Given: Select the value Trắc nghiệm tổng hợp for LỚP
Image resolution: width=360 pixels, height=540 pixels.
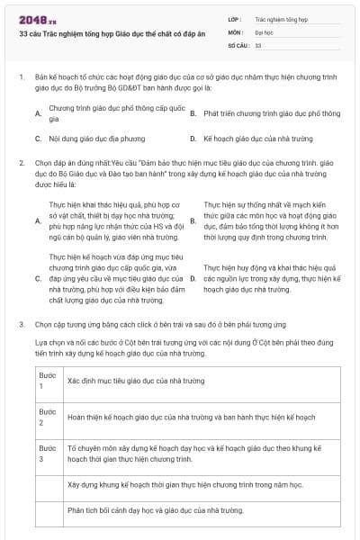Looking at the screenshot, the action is pyautogui.click(x=282, y=18).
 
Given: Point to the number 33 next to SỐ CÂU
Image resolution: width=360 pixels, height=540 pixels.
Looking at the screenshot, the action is pyautogui.click(x=258, y=44).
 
